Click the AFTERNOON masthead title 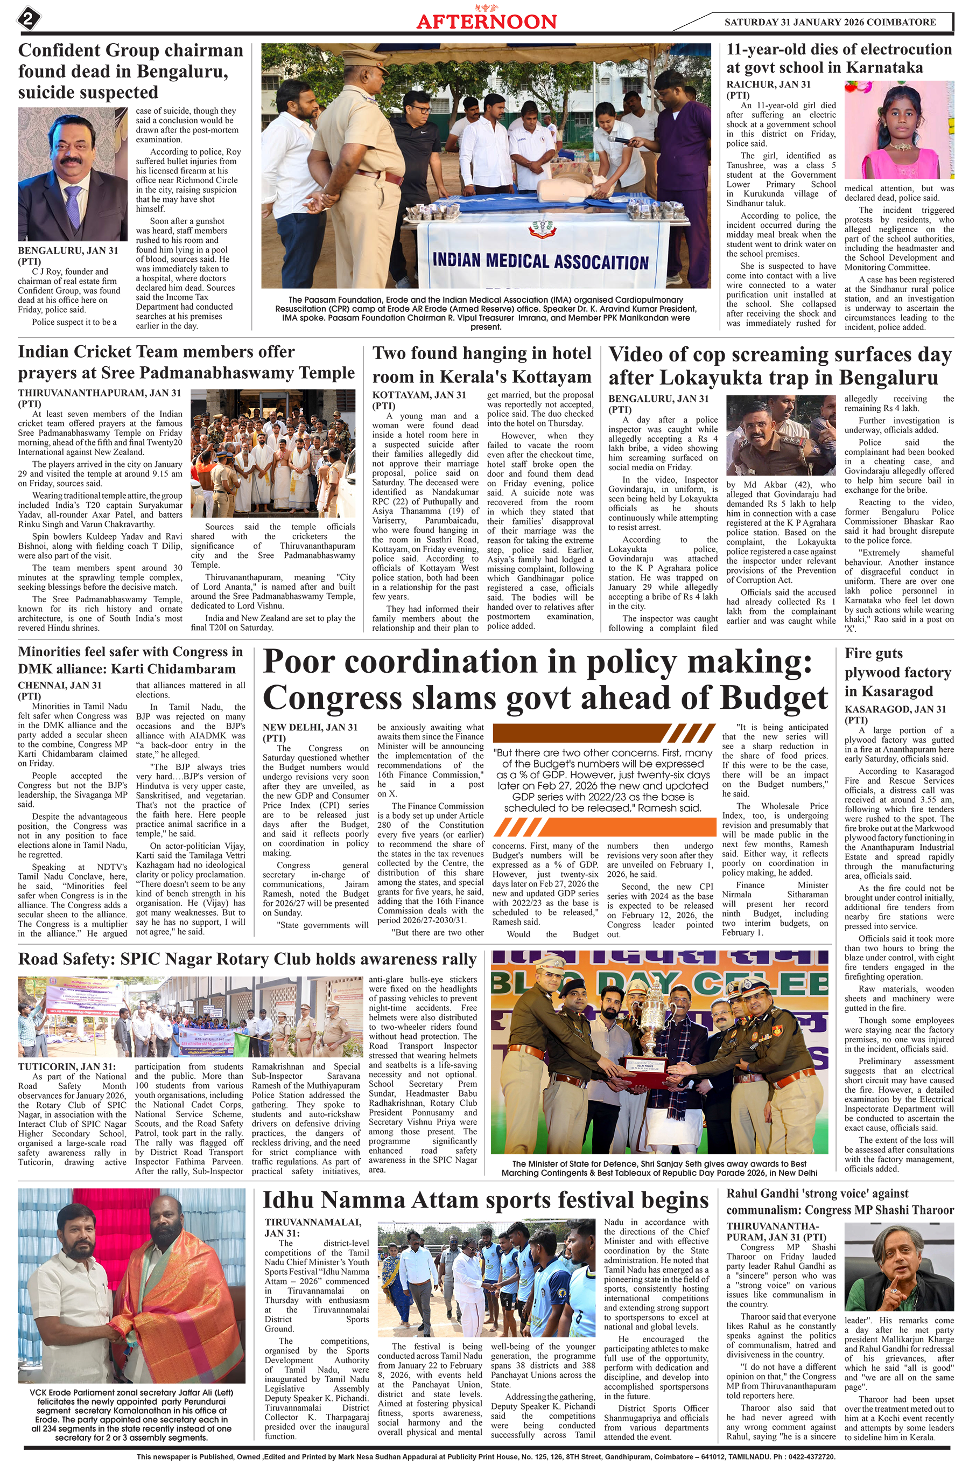click(486, 22)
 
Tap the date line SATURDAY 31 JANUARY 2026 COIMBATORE click(830, 22)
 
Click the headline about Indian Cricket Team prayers click(186, 362)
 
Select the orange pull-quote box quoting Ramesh click(602, 780)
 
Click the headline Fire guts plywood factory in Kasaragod click(897, 672)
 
